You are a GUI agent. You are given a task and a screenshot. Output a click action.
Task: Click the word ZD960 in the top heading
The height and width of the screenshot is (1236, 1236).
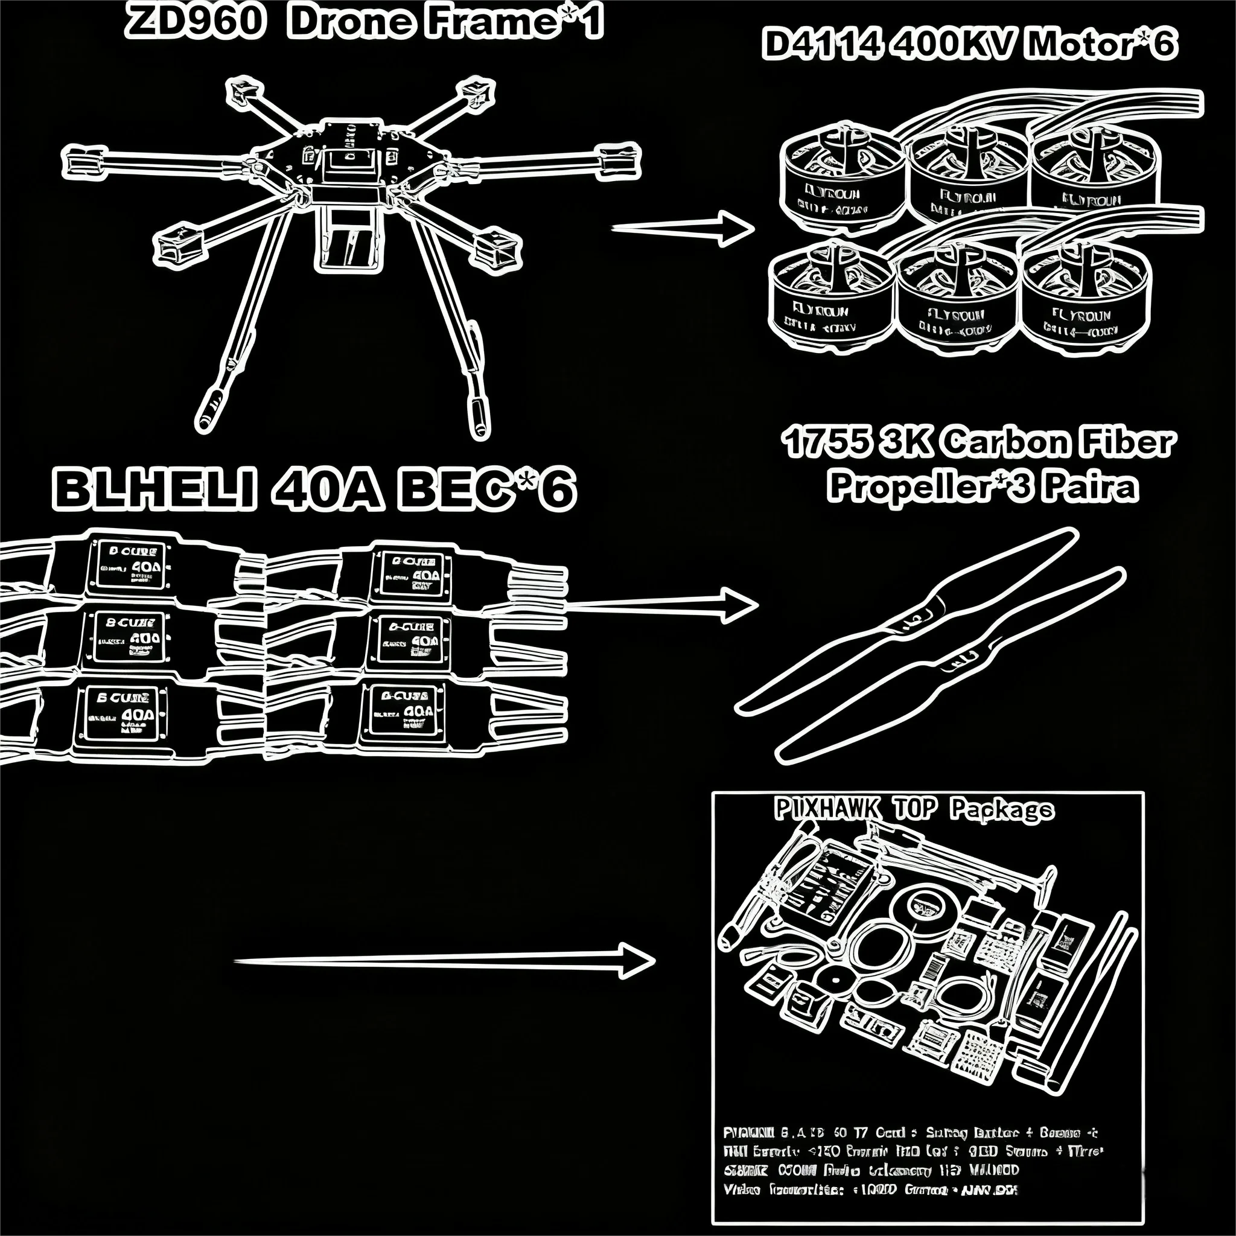pyautogui.click(x=194, y=22)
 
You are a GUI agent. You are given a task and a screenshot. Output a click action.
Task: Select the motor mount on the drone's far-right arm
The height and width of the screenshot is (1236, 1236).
pyautogui.click(x=618, y=160)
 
